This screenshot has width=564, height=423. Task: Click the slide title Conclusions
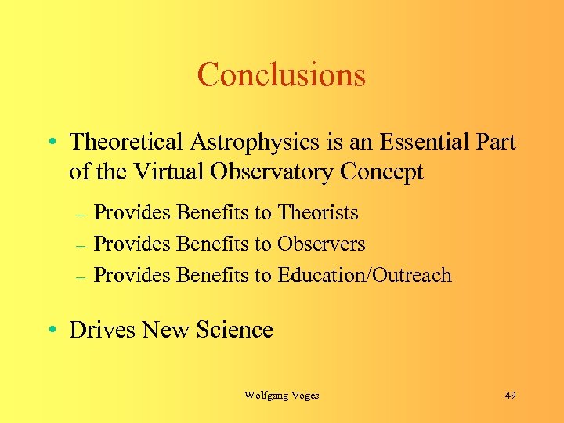tap(281, 75)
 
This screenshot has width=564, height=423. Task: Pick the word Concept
tap(383, 172)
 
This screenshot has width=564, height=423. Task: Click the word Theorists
tap(318, 213)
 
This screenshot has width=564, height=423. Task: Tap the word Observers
tap(321, 244)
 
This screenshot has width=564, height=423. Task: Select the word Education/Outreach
tap(364, 275)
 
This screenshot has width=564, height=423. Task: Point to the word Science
tap(236, 330)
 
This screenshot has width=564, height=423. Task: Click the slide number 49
tap(510, 396)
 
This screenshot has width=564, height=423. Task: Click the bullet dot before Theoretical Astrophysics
tap(51, 143)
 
